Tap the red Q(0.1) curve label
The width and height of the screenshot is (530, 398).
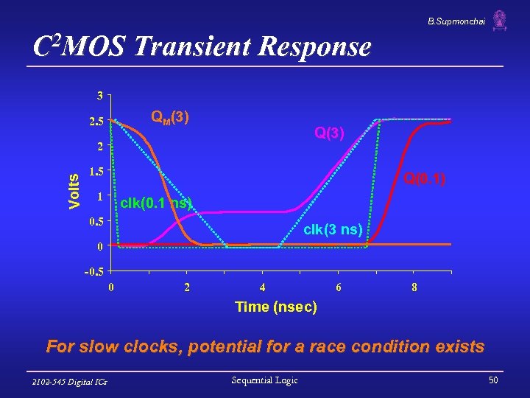coord(425,178)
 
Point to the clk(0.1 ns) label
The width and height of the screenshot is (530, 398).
coord(155,203)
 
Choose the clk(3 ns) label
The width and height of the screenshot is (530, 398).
coord(332,230)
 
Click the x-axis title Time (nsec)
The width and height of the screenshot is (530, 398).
coord(275,307)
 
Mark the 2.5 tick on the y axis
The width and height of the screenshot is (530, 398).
coord(96,121)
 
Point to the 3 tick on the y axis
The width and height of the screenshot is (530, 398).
coord(99,95)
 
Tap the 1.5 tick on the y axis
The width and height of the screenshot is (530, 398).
coord(96,171)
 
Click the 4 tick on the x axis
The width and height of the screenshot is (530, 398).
coord(263,287)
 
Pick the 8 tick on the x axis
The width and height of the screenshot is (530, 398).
coord(415,287)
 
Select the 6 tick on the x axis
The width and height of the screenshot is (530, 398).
coord(339,287)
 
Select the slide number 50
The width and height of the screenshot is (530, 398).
coord(493,380)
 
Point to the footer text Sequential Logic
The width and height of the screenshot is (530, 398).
coord(265,380)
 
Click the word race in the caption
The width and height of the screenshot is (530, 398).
coord(339,346)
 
